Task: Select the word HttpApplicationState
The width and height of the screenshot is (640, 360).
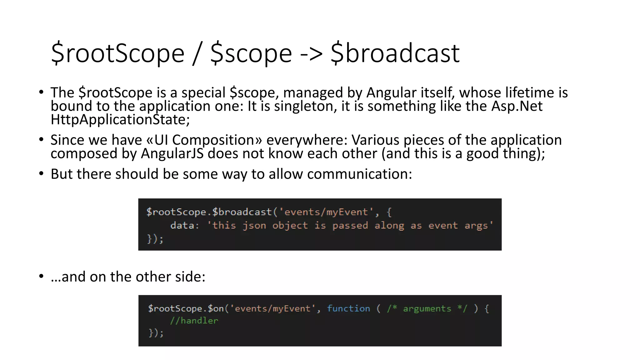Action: pos(120,120)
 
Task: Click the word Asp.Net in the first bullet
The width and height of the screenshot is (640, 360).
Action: pos(517,106)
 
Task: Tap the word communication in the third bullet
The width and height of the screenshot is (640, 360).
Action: pos(359,174)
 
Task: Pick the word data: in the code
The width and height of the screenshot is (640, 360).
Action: pos(185,225)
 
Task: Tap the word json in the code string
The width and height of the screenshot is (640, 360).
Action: pos(254,226)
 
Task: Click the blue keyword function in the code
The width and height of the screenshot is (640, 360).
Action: pos(348,309)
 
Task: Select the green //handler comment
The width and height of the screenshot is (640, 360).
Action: pos(194,321)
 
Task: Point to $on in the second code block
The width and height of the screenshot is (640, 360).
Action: pos(216,309)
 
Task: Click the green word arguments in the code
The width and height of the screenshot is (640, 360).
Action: pos(427,309)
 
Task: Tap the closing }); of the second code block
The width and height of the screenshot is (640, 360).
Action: pos(156,333)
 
